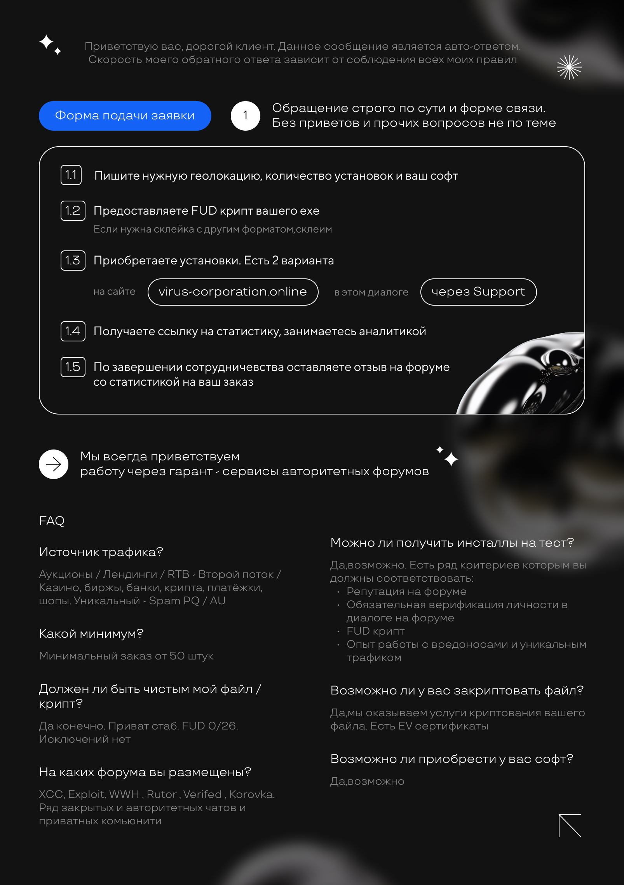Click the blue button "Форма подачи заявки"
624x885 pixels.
coord(125,116)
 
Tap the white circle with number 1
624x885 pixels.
coord(245,116)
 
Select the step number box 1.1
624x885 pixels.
coord(71,175)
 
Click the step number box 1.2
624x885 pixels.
coord(73,211)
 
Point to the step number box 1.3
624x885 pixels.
coord(73,261)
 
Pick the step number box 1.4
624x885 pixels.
coord(73,331)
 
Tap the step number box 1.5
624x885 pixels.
coord(73,367)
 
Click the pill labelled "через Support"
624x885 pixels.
coord(478,292)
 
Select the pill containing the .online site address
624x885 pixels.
coord(233,292)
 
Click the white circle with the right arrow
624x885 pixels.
coord(54,464)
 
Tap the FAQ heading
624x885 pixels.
coord(52,521)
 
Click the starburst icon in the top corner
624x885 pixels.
coord(569,67)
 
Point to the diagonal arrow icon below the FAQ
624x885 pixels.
coord(570,825)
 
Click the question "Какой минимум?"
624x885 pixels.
coord(91,634)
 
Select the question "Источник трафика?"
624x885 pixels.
coord(101,552)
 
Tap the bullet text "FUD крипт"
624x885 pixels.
coord(375,631)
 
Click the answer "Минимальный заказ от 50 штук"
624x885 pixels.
coord(126,656)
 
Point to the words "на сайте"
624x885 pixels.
coord(114,292)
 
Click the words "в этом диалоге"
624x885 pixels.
coord(371,292)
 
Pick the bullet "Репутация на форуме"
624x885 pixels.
coord(406,591)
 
